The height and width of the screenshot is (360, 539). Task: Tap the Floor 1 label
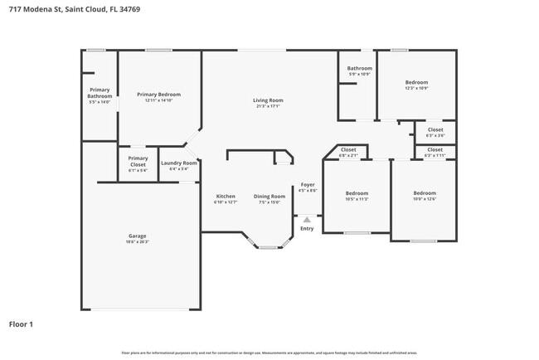pyautogui.click(x=22, y=324)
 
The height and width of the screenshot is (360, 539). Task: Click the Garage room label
pyautogui.click(x=137, y=237)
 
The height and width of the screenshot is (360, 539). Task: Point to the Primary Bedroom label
pyautogui.click(x=158, y=95)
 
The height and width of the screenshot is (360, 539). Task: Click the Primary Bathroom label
pyautogui.click(x=100, y=93)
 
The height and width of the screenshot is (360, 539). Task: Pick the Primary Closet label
pyautogui.click(x=138, y=160)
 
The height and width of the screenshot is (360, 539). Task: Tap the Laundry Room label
pyautogui.click(x=178, y=163)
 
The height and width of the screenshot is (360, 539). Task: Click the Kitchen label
pyautogui.click(x=226, y=197)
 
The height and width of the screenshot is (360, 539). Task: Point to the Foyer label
pyautogui.click(x=307, y=184)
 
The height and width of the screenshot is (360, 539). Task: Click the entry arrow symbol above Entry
pyautogui.click(x=307, y=220)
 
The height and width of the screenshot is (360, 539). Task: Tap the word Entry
pyautogui.click(x=307, y=228)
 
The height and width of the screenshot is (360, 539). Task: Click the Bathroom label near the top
pyautogui.click(x=359, y=69)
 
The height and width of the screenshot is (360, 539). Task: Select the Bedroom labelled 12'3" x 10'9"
pyautogui.click(x=416, y=83)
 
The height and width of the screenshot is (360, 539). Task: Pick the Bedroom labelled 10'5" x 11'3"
pyautogui.click(x=357, y=194)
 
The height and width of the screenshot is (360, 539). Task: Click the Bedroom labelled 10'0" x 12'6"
pyautogui.click(x=424, y=194)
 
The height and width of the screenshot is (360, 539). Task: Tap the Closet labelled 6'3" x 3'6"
pyautogui.click(x=435, y=130)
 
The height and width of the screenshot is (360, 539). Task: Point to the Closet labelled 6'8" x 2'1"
pyautogui.click(x=348, y=150)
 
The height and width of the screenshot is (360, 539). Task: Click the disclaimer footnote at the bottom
pyautogui.click(x=269, y=353)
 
